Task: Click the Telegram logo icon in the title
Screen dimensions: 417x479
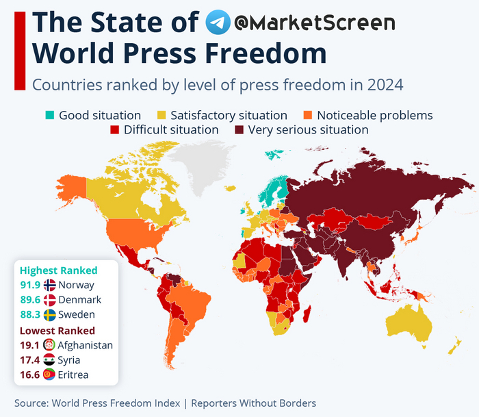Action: (x=218, y=23)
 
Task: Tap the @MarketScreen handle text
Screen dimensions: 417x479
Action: (x=314, y=23)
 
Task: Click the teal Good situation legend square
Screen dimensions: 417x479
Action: (x=49, y=115)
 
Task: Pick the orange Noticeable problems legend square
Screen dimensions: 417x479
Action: (x=308, y=115)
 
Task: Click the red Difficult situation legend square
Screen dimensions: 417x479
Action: (x=114, y=129)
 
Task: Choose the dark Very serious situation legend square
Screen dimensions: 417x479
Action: (x=239, y=129)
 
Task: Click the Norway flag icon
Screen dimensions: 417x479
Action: (x=49, y=286)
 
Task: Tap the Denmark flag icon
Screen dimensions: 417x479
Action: (x=49, y=300)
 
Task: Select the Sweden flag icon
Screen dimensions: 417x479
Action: (x=49, y=315)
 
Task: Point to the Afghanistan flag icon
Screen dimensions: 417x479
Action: (x=49, y=345)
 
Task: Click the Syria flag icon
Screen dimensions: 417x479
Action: (x=49, y=360)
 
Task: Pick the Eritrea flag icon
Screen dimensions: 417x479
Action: (x=49, y=375)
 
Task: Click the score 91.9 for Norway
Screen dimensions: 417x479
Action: (x=29, y=286)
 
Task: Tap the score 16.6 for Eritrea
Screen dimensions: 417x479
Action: (x=29, y=375)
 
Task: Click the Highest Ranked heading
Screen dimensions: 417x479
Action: (x=59, y=270)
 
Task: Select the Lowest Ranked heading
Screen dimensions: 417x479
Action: (x=57, y=331)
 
